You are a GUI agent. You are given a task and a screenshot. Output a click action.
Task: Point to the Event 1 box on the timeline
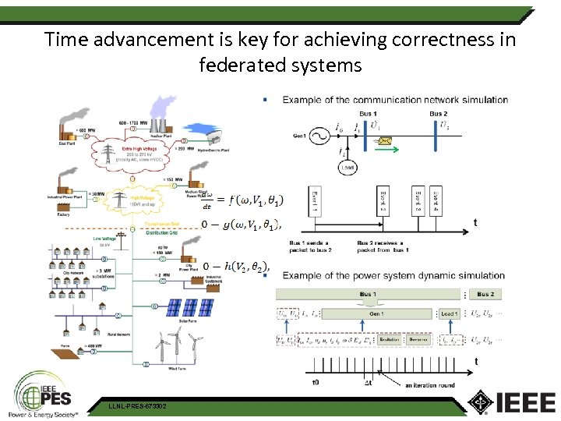(x=315, y=202)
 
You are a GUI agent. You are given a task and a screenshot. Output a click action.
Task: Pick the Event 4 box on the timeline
(x=436, y=202)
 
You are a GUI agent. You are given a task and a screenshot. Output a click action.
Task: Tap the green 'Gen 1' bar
(x=376, y=313)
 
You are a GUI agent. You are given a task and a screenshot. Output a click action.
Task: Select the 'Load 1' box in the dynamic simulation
(x=450, y=313)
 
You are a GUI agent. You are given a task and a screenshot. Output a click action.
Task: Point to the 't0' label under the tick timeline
(x=316, y=383)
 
